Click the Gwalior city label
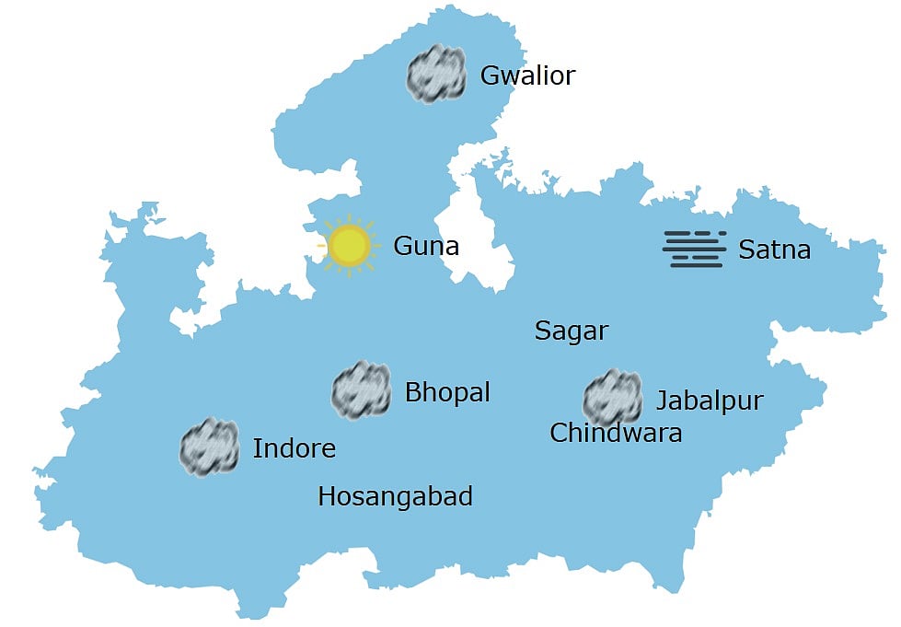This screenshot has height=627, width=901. click(x=527, y=75)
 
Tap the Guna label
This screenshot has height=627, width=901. click(x=425, y=246)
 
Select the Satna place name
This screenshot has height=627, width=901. click(x=774, y=249)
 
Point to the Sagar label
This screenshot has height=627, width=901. click(x=572, y=331)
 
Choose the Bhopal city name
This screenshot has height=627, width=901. click(x=447, y=392)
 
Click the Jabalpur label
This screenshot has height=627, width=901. click(x=710, y=401)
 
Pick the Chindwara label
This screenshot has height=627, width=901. click(x=616, y=433)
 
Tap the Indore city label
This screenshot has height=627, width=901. click(x=294, y=448)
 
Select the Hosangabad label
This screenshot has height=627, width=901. click(x=395, y=496)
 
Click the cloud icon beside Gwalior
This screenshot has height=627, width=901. click(x=436, y=74)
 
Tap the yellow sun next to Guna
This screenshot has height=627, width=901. click(x=349, y=245)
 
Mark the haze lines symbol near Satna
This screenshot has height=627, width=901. click(x=695, y=249)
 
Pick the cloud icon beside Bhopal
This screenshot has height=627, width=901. click(x=361, y=390)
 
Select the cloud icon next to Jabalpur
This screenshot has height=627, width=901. click(x=612, y=398)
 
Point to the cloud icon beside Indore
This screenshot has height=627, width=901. click(x=209, y=447)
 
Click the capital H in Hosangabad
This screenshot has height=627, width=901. click(x=326, y=496)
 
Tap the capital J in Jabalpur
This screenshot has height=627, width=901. click(x=661, y=401)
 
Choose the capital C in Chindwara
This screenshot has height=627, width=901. click(x=558, y=433)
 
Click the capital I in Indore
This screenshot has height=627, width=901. click(x=256, y=448)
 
